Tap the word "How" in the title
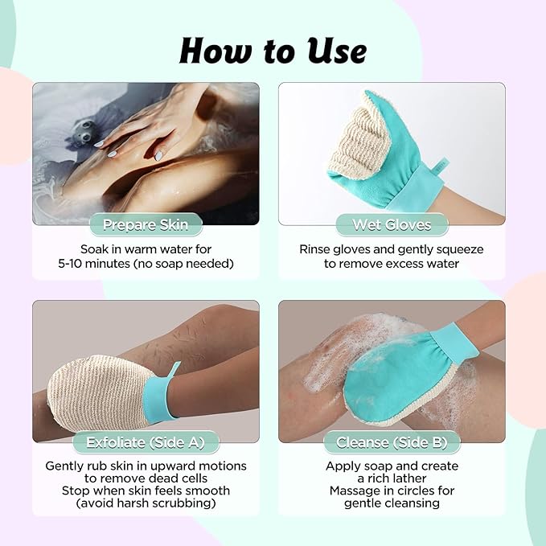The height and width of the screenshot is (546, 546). click(215, 51)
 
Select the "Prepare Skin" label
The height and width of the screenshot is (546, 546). click(146, 224)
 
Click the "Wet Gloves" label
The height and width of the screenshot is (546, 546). click(392, 224)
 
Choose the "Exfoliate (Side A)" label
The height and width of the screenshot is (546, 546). click(146, 442)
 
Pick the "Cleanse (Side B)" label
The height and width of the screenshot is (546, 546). click(392, 442)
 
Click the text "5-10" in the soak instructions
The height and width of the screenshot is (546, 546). click(70, 264)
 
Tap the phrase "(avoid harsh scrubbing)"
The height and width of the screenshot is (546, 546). click(146, 503)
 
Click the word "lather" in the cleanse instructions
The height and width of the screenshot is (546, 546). click(411, 478)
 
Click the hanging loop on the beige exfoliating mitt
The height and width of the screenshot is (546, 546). click(174, 369)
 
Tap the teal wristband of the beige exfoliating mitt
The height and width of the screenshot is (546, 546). click(158, 400)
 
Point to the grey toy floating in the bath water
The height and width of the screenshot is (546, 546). click(84, 133)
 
